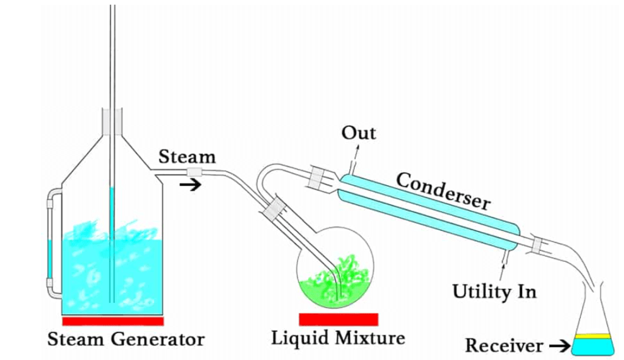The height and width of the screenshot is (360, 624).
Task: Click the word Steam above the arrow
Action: click(x=187, y=157)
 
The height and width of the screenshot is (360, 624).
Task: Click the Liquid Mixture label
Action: click(x=338, y=337)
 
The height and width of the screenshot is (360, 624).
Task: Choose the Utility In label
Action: click(x=494, y=291)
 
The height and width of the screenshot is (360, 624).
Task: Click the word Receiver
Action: click(x=504, y=346)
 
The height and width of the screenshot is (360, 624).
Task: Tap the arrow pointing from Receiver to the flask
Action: click(x=558, y=347)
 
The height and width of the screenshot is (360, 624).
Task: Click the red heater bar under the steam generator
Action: click(x=113, y=321)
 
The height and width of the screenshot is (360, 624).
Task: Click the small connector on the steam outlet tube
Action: click(x=194, y=173)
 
